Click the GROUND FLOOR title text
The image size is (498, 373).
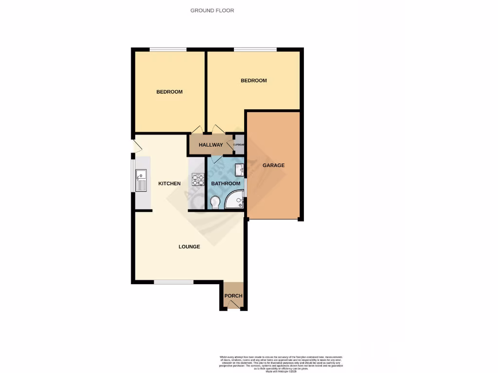(x=212, y=10)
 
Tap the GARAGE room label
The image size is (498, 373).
(x=273, y=165)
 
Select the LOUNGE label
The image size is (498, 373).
(x=189, y=247)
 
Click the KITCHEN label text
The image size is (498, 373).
(x=170, y=184)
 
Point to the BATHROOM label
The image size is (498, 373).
(x=225, y=184)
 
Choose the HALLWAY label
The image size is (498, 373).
(x=211, y=145)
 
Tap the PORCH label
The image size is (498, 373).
(x=233, y=296)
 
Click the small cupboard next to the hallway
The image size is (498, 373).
(x=239, y=145)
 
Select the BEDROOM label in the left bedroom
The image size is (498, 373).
(x=169, y=92)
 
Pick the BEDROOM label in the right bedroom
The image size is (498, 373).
(x=254, y=81)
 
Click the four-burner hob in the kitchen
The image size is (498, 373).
(x=198, y=180)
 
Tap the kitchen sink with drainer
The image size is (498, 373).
(x=141, y=180)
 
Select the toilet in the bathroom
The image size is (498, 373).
(x=215, y=201)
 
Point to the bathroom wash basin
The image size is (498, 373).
(x=239, y=170)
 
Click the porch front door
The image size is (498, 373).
(x=233, y=306)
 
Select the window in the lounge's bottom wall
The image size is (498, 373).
(x=174, y=282)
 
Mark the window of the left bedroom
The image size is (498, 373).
(x=168, y=50)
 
